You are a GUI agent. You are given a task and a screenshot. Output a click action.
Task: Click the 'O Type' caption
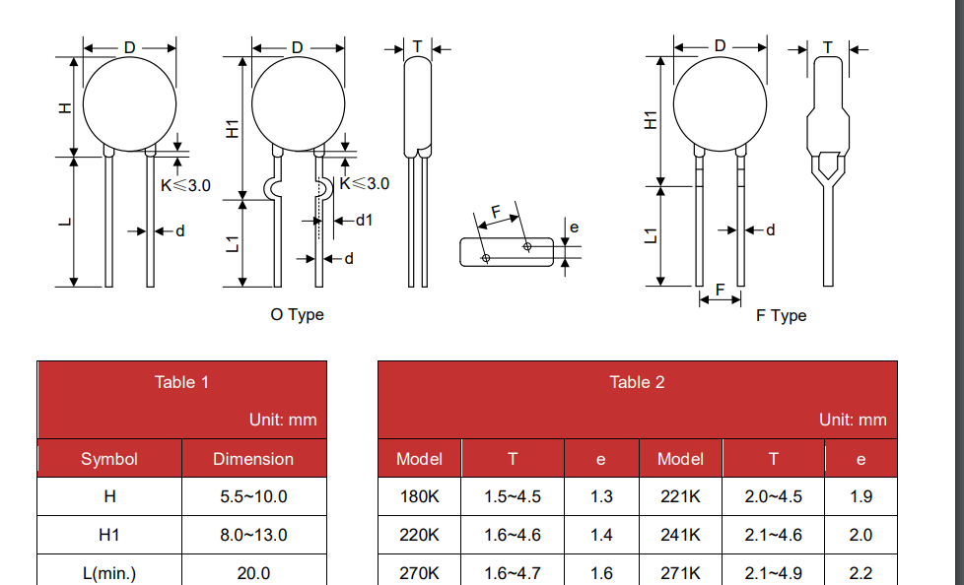click(297, 314)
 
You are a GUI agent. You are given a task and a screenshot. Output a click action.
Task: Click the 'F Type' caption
click(781, 316)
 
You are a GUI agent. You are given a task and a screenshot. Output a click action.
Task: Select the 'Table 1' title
click(181, 382)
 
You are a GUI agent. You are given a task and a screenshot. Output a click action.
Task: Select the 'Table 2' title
click(637, 382)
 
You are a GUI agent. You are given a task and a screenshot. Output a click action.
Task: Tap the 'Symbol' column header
click(109, 459)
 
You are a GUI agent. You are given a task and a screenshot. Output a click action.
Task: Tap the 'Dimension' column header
click(253, 459)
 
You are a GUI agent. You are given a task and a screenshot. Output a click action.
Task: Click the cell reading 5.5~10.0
click(253, 496)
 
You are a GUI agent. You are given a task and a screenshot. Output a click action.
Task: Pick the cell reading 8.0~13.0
click(253, 535)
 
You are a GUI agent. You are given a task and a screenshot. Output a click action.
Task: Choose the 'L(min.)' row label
click(109, 573)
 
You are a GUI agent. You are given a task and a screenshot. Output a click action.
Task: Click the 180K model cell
click(419, 496)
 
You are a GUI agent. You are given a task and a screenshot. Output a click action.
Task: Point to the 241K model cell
click(680, 535)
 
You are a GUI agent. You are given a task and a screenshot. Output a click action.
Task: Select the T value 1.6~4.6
click(513, 535)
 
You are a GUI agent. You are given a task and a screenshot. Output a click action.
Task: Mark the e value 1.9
click(861, 496)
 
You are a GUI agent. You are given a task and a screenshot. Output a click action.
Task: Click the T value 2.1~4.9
click(774, 573)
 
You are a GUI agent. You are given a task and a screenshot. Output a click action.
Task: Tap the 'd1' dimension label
click(365, 220)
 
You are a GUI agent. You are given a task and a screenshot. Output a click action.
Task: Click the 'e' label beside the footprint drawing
click(575, 227)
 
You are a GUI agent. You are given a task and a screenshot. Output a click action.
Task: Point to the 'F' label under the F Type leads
click(720, 289)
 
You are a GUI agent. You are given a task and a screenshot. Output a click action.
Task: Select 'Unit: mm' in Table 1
click(283, 420)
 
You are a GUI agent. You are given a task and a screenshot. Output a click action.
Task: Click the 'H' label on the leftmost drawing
click(65, 108)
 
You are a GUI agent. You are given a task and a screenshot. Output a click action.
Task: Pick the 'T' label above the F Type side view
click(828, 47)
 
